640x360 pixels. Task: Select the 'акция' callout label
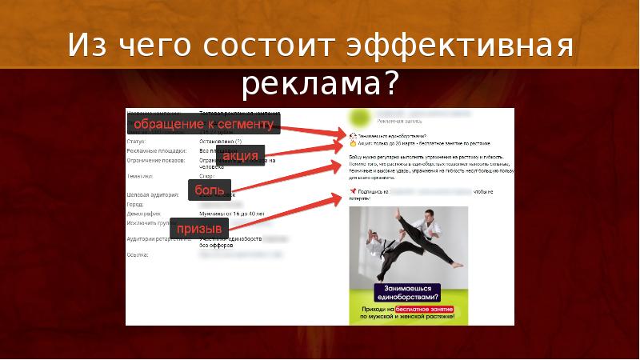click(241, 156)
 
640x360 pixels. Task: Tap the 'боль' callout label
click(210, 190)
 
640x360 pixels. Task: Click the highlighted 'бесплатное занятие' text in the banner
click(424, 308)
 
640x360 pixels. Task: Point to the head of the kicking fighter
click(430, 214)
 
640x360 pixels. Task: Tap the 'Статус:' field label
click(135, 141)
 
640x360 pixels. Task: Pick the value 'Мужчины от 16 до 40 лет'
click(232, 214)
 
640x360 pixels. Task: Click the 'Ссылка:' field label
click(138, 255)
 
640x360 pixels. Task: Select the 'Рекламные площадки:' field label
click(157, 150)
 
